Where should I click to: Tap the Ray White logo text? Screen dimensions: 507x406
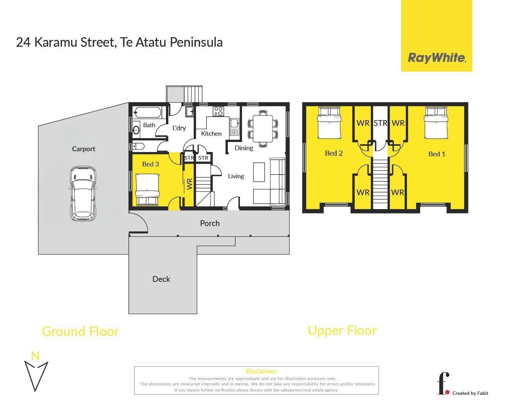click(x=437, y=58)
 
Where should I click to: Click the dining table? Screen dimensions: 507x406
click(x=263, y=129)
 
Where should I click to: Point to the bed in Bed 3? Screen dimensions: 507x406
click(x=147, y=189)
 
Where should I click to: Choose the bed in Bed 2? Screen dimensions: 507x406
click(x=329, y=123)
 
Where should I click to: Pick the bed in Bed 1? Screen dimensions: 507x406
click(x=436, y=123)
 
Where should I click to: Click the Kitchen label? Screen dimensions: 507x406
click(x=211, y=134)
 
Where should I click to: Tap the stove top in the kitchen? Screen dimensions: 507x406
click(x=218, y=111)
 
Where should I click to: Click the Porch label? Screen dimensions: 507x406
click(x=210, y=223)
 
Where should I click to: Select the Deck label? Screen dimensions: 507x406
click(x=161, y=279)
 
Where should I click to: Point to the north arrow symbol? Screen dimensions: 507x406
click(x=36, y=375)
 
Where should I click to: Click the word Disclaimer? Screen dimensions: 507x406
click(x=262, y=371)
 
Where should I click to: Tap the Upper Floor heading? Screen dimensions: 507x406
click(x=342, y=331)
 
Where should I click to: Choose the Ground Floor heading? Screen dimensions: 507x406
click(x=80, y=332)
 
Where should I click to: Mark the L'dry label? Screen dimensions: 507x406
click(x=179, y=128)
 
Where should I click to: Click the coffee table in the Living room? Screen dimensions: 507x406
click(x=259, y=172)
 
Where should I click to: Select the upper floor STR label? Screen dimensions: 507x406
click(x=380, y=123)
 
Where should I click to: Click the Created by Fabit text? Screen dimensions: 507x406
click(x=470, y=393)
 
